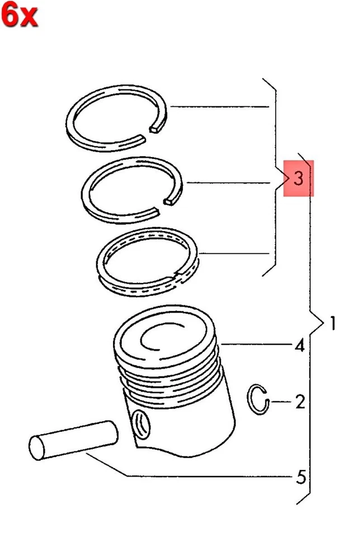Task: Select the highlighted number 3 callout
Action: [x=298, y=179]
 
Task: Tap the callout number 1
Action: [x=333, y=323]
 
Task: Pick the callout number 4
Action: [x=300, y=346]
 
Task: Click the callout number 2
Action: [x=300, y=401]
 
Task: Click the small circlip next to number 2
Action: [x=259, y=400]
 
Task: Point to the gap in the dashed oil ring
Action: [x=179, y=274]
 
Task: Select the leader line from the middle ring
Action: [x=229, y=182]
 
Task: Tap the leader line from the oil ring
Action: [x=235, y=255]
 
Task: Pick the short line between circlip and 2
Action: [x=280, y=401]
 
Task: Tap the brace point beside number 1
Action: [x=322, y=323]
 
